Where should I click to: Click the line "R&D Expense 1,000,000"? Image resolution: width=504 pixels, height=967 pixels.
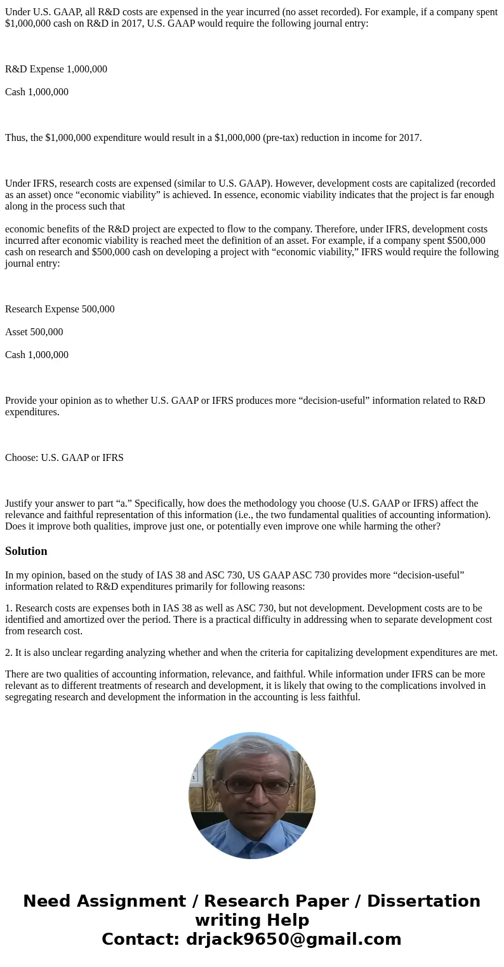(56, 69)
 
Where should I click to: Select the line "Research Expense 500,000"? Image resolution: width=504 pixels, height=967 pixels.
(60, 309)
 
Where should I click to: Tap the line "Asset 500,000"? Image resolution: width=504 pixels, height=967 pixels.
(34, 332)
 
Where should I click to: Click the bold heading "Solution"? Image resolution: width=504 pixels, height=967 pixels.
(26, 551)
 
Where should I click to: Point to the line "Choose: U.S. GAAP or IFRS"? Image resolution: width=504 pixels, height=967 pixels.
(64, 458)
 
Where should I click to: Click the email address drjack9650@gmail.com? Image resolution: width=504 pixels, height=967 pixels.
(294, 939)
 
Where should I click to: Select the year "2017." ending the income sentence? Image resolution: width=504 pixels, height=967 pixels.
(410, 138)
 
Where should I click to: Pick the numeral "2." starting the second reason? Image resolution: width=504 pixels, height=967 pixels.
(9, 653)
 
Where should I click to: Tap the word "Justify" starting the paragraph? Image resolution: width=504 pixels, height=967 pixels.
(21, 504)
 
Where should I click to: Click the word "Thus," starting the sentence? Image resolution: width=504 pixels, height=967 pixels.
(17, 138)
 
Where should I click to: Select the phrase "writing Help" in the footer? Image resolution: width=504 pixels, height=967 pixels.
(252, 920)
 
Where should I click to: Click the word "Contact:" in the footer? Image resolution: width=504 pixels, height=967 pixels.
(141, 939)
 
